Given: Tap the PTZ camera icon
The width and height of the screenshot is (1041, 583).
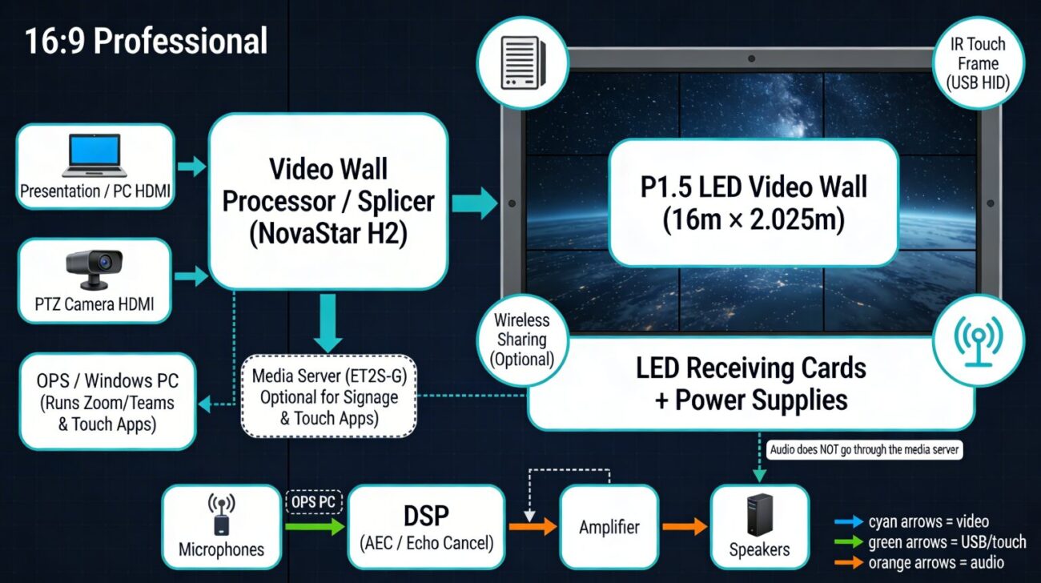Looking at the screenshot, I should (x=94, y=268).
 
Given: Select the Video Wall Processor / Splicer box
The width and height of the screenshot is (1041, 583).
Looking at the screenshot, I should (x=328, y=200).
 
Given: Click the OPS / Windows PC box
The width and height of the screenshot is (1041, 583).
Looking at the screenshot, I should (x=107, y=401).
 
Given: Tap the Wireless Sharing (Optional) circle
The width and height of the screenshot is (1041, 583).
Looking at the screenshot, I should (x=521, y=339).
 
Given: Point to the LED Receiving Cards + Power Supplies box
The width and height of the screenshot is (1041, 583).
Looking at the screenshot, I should (x=750, y=384).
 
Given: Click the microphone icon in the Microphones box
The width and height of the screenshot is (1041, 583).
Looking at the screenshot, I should (x=221, y=515).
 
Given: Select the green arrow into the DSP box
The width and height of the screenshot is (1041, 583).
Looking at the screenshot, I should (x=315, y=526).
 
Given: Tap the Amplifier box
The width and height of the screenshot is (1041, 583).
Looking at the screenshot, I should (x=609, y=527).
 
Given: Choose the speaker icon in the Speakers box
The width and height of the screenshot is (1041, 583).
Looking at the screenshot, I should (x=759, y=514).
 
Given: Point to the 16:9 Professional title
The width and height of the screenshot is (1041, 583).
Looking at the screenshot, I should (x=146, y=41).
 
